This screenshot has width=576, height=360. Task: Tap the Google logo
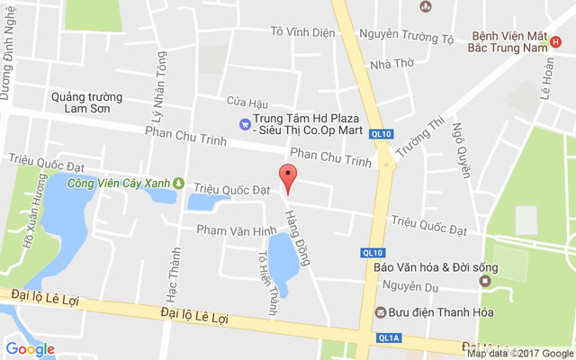31,349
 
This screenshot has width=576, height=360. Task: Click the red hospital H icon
554,41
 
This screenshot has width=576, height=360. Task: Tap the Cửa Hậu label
247,101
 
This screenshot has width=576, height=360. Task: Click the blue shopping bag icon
243,124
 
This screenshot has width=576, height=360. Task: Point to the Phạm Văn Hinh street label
237,231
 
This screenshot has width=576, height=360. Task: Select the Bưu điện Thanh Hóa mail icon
381,312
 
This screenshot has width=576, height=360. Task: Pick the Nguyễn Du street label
409,286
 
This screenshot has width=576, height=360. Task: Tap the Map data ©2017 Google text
518,353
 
